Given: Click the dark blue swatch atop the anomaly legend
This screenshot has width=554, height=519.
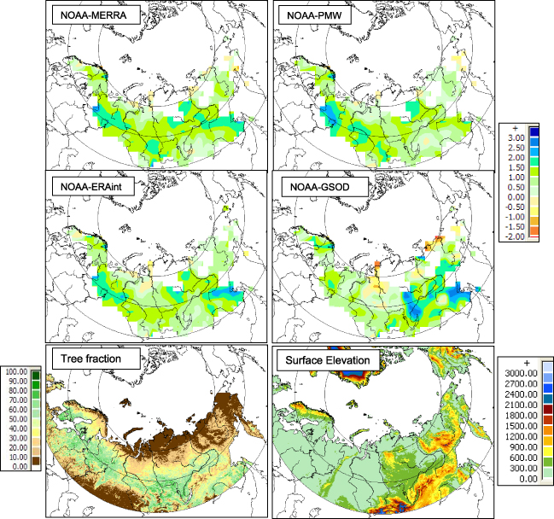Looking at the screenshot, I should point(534,132).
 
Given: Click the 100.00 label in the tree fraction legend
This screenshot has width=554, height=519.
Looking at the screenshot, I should point(16,372).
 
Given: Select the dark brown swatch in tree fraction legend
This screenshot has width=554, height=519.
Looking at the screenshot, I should point(35,463).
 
